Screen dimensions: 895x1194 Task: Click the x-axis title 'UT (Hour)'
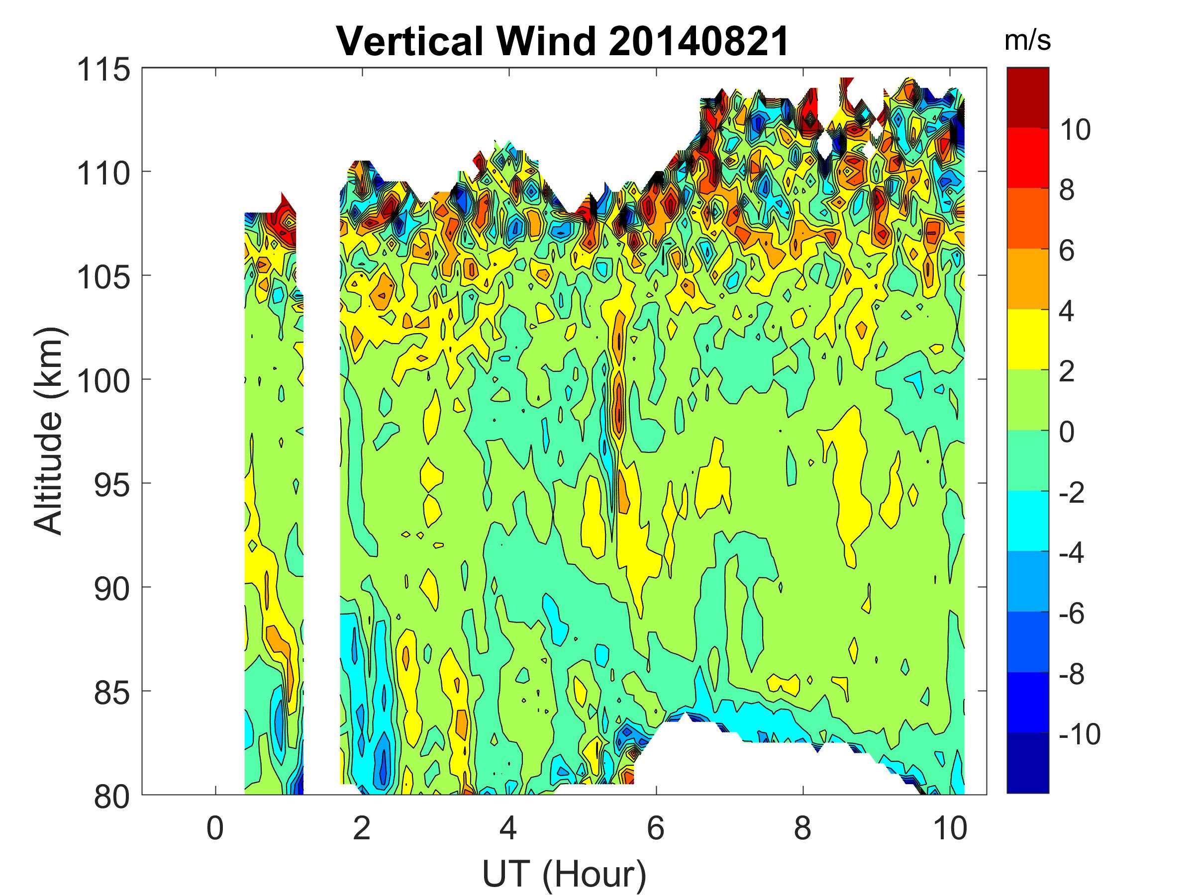click(x=564, y=874)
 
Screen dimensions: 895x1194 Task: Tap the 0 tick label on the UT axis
click(x=215, y=828)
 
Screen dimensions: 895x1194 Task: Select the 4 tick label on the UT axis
click(x=508, y=828)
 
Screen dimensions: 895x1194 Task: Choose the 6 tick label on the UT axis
click(x=655, y=828)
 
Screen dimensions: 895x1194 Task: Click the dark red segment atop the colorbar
click(x=1028, y=97)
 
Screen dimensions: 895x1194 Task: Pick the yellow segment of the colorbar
click(x=1028, y=339)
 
